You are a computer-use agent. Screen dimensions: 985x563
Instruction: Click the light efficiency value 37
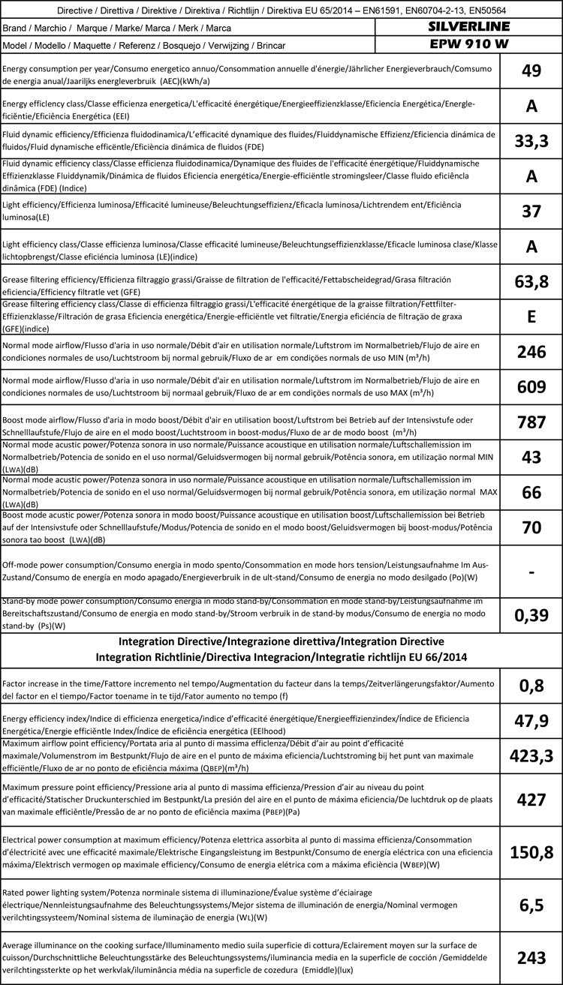click(531, 212)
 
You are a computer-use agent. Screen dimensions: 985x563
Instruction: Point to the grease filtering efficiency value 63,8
click(531, 283)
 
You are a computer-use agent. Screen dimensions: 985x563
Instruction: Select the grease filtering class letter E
click(531, 317)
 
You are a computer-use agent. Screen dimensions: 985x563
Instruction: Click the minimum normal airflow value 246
click(531, 352)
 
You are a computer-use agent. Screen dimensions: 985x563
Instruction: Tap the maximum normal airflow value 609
click(531, 387)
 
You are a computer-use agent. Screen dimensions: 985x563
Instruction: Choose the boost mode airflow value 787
click(531, 422)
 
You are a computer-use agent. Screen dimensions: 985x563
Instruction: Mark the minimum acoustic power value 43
click(531, 456)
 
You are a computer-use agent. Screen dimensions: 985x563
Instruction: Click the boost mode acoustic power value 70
click(531, 527)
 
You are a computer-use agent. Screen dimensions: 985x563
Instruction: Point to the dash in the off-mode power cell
click(531, 572)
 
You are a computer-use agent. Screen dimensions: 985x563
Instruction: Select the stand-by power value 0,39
click(531, 616)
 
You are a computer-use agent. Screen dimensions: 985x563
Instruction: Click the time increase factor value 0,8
click(531, 685)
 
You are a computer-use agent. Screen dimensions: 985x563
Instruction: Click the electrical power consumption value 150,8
click(531, 852)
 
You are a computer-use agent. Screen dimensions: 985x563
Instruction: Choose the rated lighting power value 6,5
click(531, 905)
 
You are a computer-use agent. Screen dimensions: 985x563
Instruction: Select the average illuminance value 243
click(531, 958)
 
